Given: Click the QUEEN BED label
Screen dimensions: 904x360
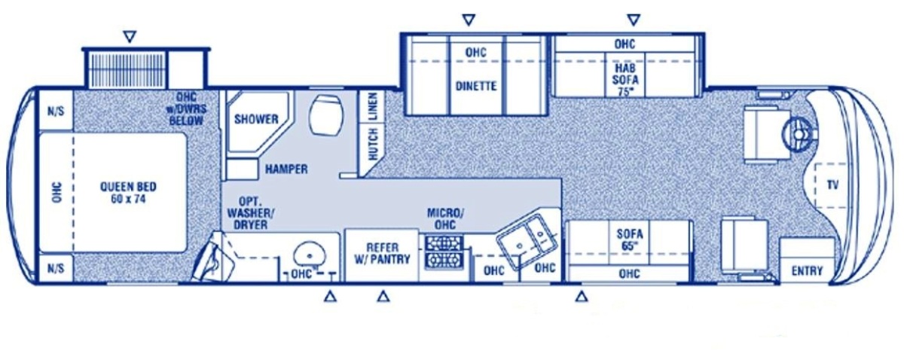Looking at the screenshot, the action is [128, 193].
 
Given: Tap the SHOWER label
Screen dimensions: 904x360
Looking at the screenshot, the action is [256, 120].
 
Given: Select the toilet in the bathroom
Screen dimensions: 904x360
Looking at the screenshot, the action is [325, 115].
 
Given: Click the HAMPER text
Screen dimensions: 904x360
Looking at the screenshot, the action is [286, 169].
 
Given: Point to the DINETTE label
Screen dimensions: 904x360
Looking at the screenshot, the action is [476, 86].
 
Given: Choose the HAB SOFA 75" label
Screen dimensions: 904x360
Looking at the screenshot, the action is [625, 80].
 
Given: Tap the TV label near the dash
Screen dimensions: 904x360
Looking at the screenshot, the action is [832, 185].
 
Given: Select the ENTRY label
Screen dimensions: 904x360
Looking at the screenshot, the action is [807, 271].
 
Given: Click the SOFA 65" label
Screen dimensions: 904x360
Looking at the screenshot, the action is [630, 239].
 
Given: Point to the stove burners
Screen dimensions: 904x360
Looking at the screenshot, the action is [444, 252].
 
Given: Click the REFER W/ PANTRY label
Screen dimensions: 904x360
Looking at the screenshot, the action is [382, 254].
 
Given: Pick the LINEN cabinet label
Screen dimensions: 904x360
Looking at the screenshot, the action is [374, 106].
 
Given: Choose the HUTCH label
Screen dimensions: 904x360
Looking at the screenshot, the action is [374, 145].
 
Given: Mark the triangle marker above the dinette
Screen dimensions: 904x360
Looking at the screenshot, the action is [469, 20].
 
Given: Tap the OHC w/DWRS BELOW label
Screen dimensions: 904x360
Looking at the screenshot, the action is [188, 108].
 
